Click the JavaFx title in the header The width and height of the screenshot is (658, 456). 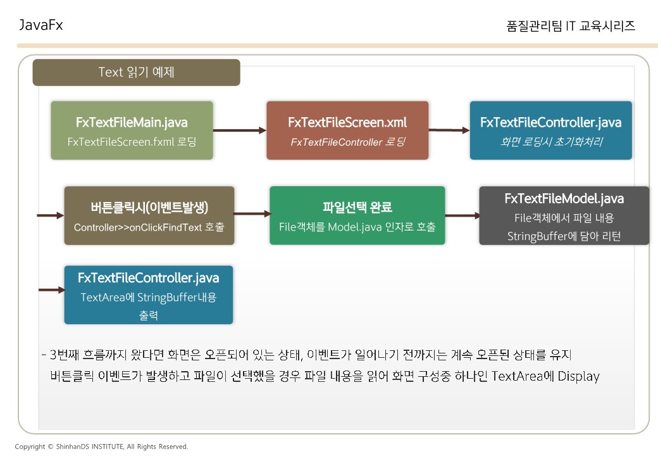click(41, 25)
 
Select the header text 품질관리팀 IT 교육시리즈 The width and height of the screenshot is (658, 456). click(571, 26)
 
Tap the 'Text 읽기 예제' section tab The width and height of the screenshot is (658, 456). click(136, 72)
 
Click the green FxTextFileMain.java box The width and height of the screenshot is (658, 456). click(132, 130)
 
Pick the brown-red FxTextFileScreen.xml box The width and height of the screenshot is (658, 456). click(347, 130)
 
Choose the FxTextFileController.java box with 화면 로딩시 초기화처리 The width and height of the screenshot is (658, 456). click(550, 130)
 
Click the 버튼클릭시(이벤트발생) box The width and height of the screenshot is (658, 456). click(149, 215)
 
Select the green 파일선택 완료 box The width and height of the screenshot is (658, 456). click(357, 215)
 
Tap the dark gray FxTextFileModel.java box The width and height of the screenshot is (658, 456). click(564, 215)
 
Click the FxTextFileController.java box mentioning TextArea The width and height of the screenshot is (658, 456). click(149, 294)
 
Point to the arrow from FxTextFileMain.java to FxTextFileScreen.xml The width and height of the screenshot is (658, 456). click(240, 130)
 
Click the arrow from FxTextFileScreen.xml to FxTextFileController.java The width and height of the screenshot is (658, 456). click(449, 130)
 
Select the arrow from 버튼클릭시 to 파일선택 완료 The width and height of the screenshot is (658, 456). click(252, 215)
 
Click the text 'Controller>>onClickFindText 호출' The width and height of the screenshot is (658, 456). click(149, 227)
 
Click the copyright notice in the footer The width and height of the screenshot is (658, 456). click(101, 446)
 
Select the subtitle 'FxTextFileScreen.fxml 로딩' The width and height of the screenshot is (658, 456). click(132, 142)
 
